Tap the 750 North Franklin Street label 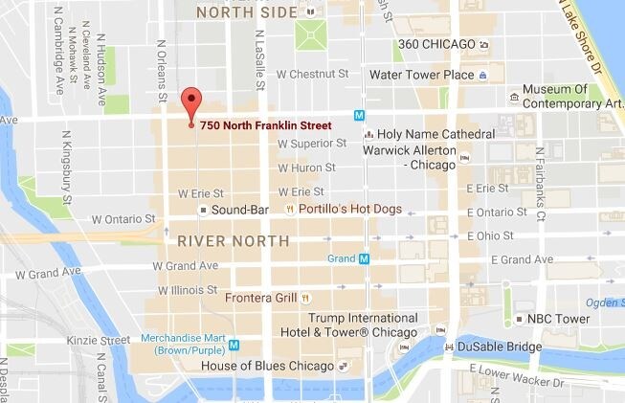pos(266,125)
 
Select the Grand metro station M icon pos(363,258)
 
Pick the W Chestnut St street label pos(313,73)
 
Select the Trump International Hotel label pos(351,324)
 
